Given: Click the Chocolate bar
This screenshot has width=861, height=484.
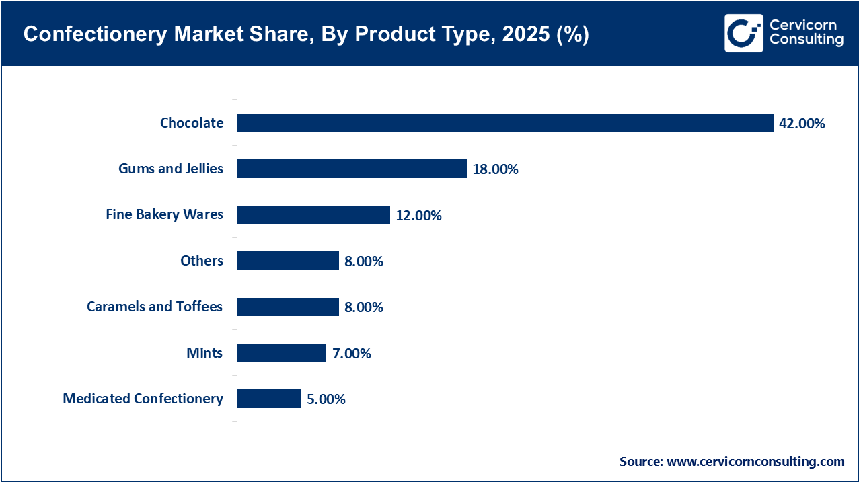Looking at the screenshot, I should tap(504, 122).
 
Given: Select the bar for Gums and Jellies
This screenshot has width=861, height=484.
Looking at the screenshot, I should tap(351, 169).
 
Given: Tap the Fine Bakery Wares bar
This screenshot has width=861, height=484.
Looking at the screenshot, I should tap(313, 215).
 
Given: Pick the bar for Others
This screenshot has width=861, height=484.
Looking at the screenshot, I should tap(287, 261).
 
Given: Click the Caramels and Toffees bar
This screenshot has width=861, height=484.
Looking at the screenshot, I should tap(287, 307).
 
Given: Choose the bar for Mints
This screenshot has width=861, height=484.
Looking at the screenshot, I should tap(281, 353).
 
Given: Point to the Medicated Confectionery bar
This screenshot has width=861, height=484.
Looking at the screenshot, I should tap(268, 399).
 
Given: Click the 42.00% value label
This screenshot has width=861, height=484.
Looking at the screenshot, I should tap(802, 124).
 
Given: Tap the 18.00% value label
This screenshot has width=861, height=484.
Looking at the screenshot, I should tap(495, 169).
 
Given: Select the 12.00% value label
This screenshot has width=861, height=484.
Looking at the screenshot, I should tap(418, 216).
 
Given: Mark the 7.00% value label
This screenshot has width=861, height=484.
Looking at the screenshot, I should tap(351, 354).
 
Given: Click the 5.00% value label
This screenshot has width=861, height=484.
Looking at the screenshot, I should tap(326, 399).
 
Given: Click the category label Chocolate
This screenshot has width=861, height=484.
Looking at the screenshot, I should tap(192, 123).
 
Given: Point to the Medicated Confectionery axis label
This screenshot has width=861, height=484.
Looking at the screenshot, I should tap(143, 399).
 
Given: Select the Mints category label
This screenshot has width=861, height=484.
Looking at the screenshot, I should tap(204, 353).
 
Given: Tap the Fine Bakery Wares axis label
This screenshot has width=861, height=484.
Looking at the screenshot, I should tap(164, 215).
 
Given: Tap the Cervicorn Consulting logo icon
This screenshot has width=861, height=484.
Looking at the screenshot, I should tap(744, 34).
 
